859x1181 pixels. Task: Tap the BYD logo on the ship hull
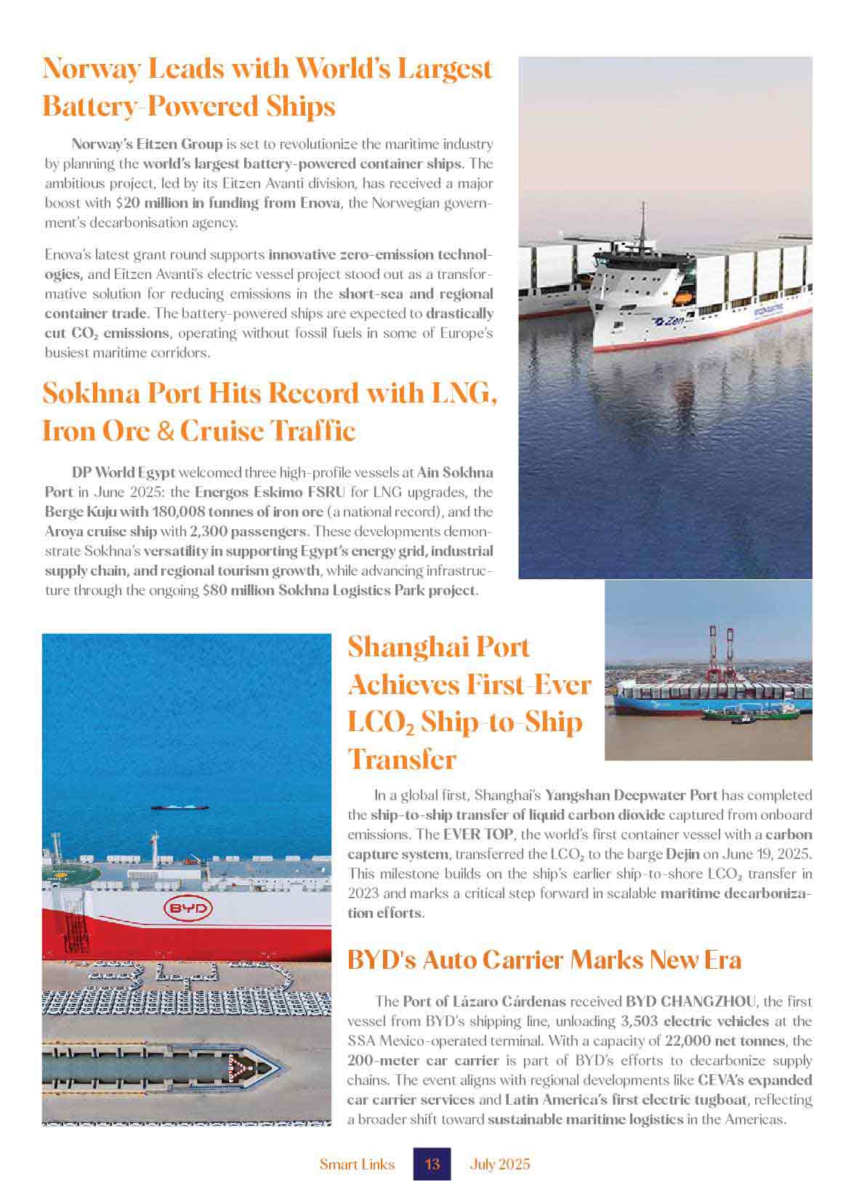pos(187,908)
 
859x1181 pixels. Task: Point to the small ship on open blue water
pos(180,807)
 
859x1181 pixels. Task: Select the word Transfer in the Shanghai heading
pos(402,759)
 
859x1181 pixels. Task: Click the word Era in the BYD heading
pos(720,960)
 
